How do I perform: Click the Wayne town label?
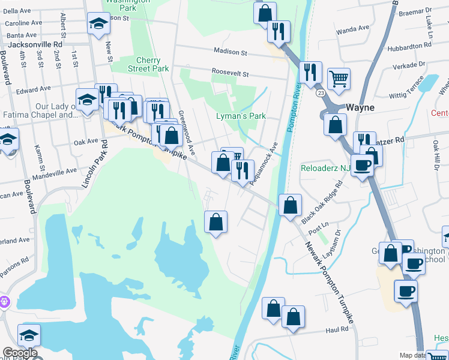coord(360,108)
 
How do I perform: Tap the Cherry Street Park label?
coord(148,64)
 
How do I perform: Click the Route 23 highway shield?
coord(322,92)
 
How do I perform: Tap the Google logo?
coord(20,353)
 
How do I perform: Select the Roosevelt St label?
coord(230,73)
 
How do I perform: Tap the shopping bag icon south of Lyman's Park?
coord(223,162)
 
